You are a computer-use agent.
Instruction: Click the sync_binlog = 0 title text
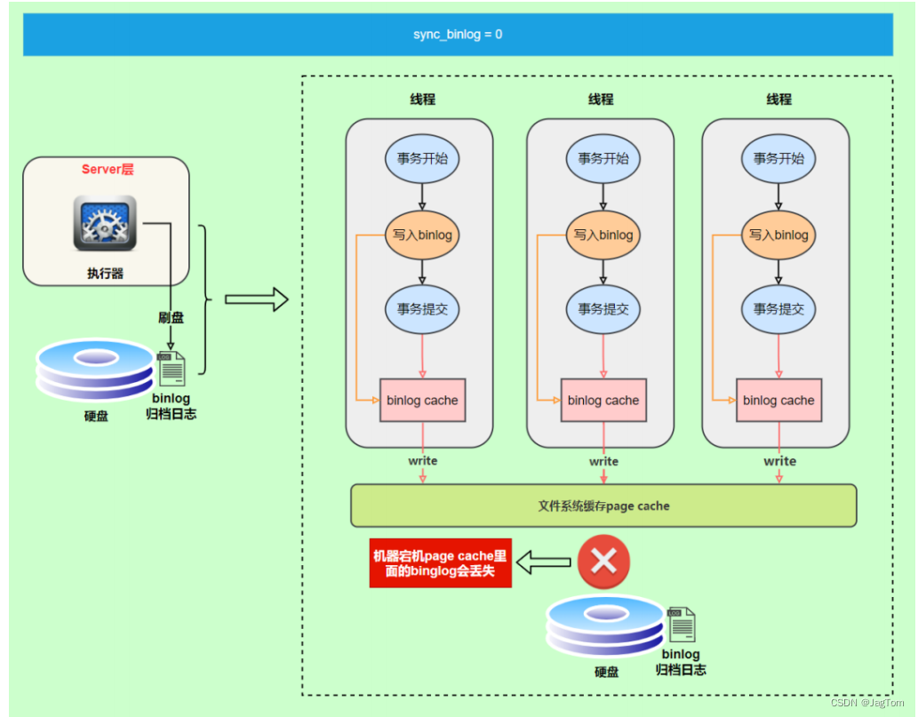[x=458, y=35]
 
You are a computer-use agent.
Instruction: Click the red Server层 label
[x=108, y=169]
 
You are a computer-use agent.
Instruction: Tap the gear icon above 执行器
[x=105, y=223]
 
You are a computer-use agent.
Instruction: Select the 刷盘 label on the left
[x=171, y=317]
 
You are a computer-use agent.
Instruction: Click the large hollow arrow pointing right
[x=257, y=299]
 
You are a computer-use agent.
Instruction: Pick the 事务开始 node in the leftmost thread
[x=422, y=158]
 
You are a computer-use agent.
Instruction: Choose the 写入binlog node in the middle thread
[x=603, y=235]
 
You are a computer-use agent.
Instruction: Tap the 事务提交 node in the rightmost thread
[x=778, y=309]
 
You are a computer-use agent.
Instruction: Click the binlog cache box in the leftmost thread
[x=422, y=400]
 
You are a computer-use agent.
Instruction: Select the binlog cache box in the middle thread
[x=603, y=400]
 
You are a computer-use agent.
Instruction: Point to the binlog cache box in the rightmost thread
[x=778, y=400]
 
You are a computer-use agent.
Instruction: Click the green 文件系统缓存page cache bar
[x=603, y=506]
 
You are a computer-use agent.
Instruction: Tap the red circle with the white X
[x=603, y=562]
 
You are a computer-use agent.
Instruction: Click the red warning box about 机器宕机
[x=441, y=562]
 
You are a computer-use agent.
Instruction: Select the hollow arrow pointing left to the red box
[x=544, y=562]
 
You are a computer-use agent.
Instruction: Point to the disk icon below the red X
[x=605, y=626]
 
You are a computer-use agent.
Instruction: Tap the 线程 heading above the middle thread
[x=601, y=100]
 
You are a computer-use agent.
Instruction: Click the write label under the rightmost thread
[x=779, y=461]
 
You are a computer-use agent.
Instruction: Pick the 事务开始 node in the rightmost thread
[x=778, y=158]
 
